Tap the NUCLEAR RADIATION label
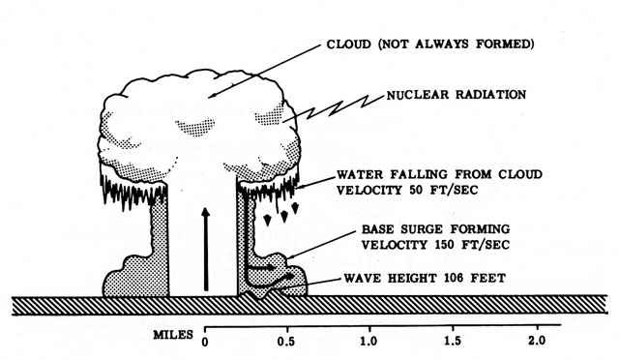tap(456, 95)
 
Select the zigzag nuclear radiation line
tap(334, 107)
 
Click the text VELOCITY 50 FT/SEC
tap(407, 190)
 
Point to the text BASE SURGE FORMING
tap(435, 229)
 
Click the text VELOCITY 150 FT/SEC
tap(435, 245)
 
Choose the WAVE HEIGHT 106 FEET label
tap(425, 278)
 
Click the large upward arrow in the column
tap(205, 249)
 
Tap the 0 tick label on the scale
tap(205, 342)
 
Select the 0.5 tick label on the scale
tap(287, 341)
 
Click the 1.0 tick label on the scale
tap(368, 341)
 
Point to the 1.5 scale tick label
tap(453, 341)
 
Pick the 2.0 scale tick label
tap(537, 341)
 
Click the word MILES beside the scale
tap(173, 335)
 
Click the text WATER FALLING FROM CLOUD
tap(439, 174)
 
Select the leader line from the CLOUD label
tap(264, 72)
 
